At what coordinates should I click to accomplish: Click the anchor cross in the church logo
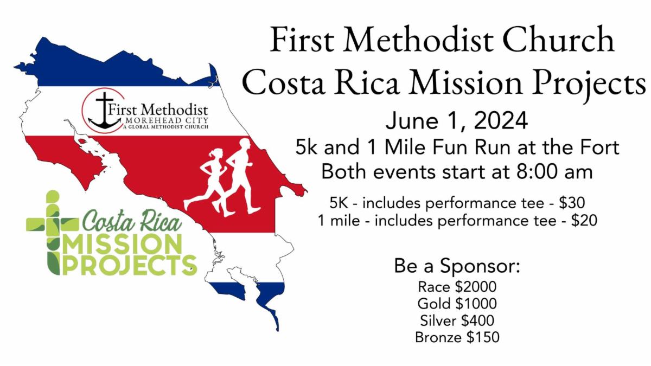click(104, 112)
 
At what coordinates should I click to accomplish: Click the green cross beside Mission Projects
click(53, 233)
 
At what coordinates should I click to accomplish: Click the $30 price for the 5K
click(572, 203)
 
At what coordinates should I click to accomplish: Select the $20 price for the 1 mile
click(584, 220)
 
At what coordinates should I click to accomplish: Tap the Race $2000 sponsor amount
click(457, 287)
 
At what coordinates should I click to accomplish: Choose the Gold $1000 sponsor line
click(457, 304)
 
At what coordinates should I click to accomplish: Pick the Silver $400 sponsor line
click(457, 320)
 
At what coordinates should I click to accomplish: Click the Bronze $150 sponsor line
click(457, 337)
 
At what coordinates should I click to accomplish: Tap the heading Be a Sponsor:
click(457, 266)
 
